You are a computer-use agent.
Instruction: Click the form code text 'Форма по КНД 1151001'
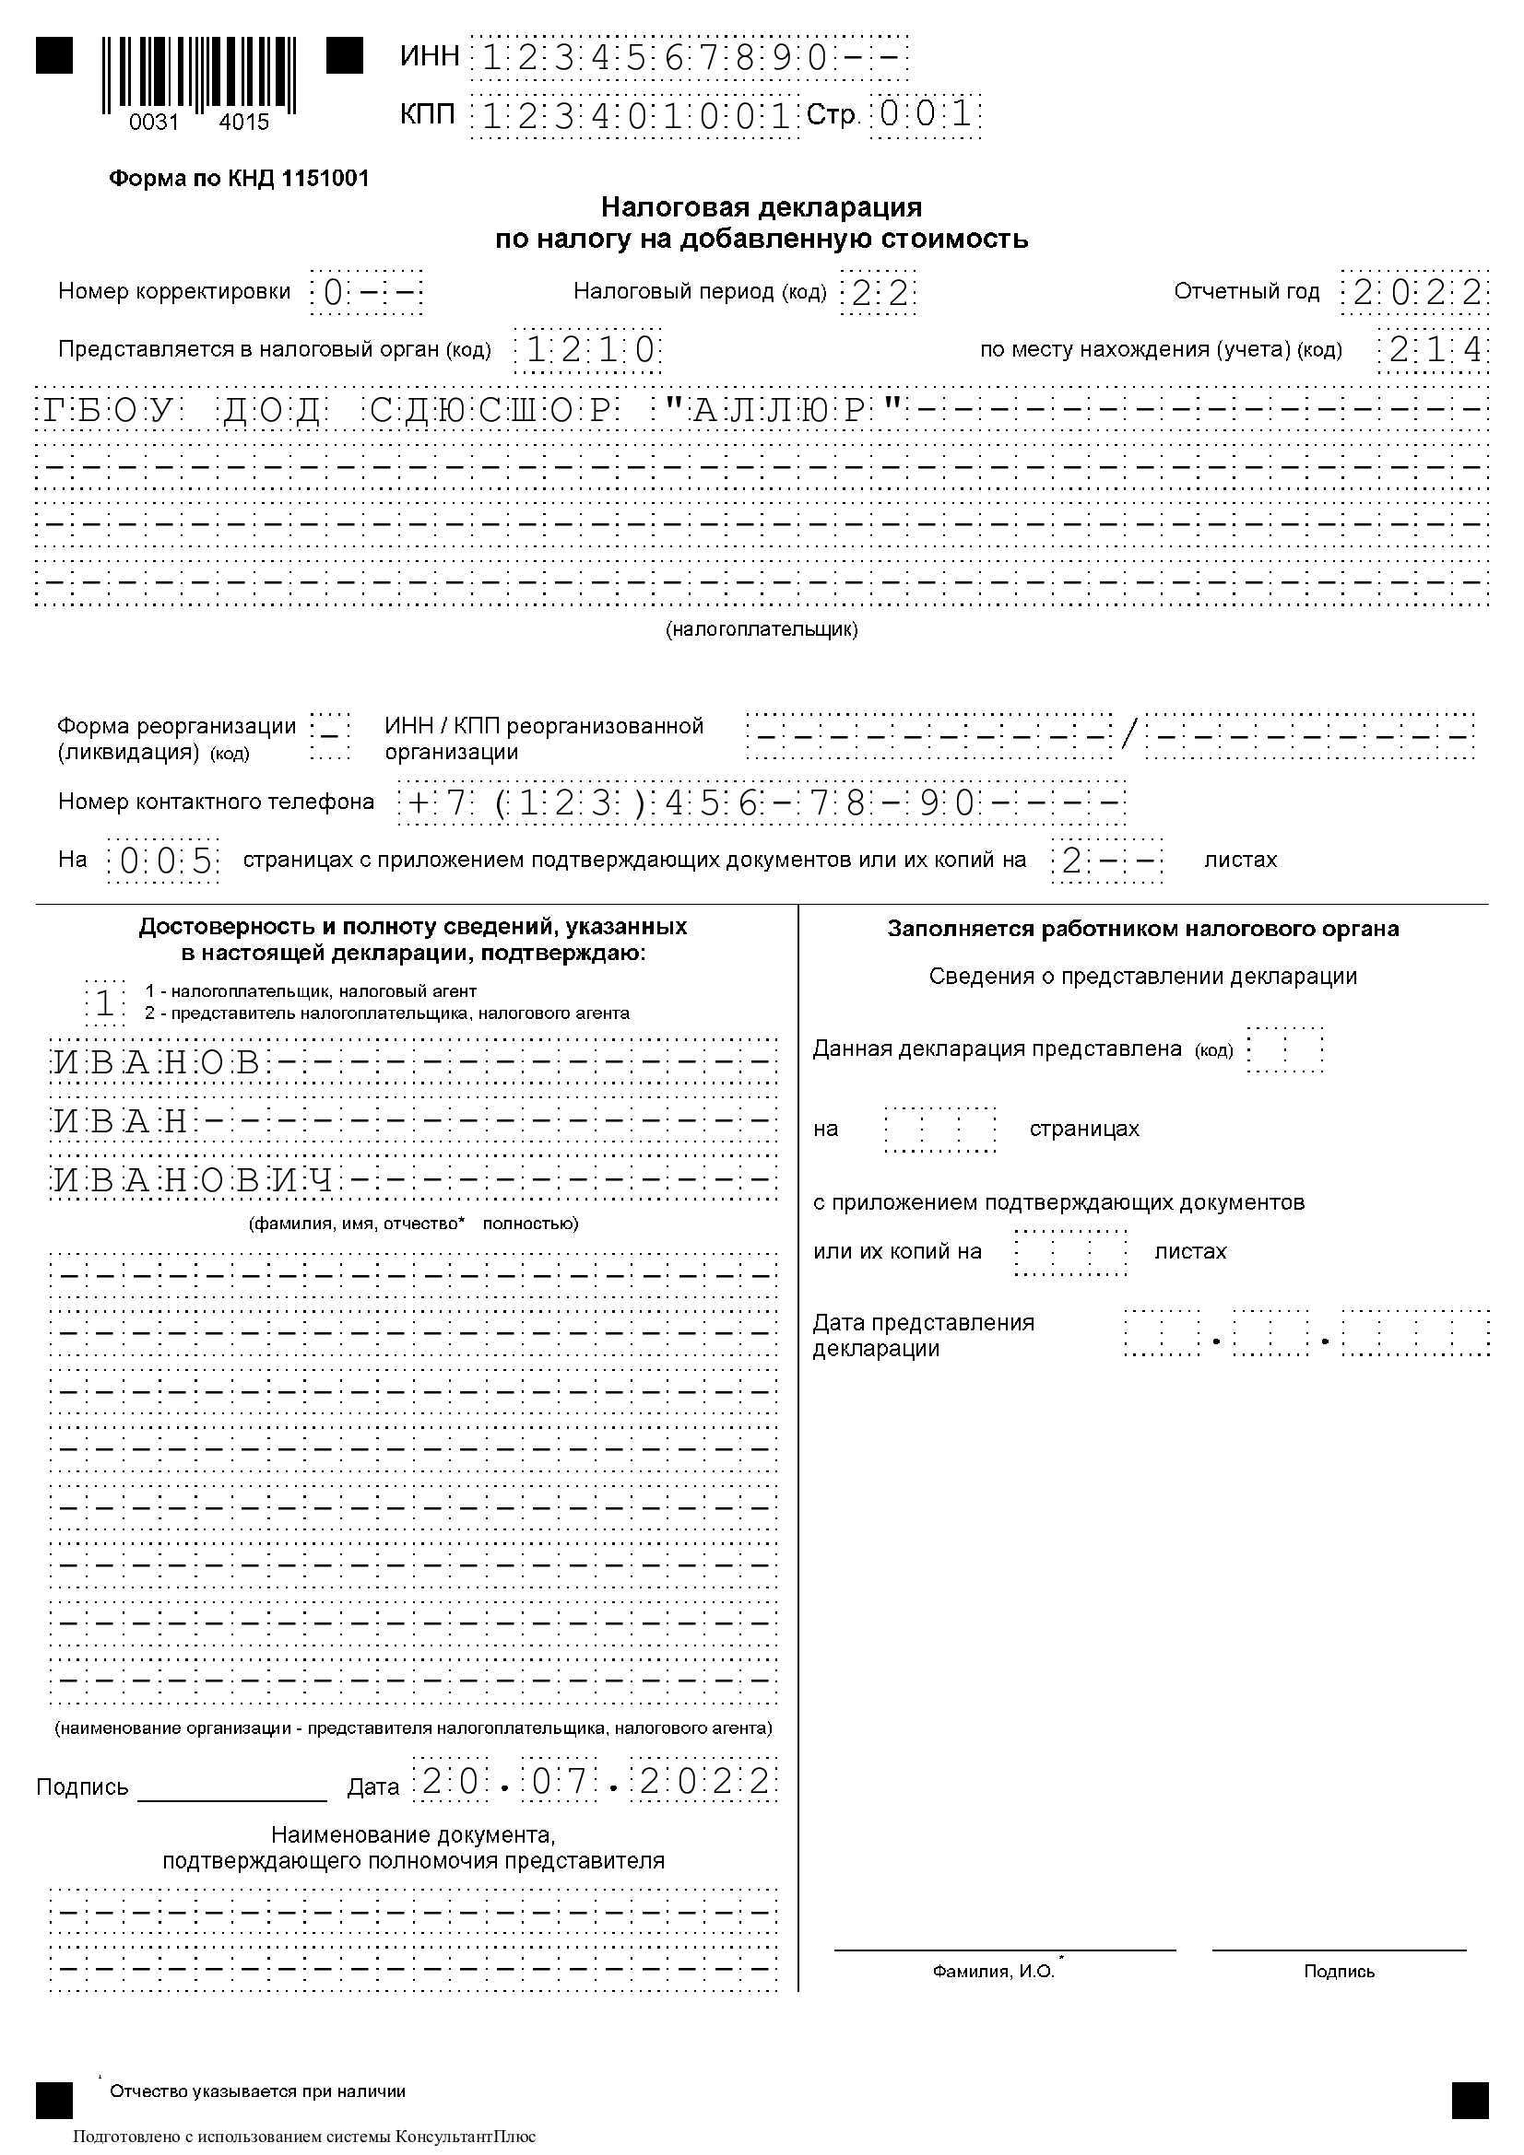(x=240, y=179)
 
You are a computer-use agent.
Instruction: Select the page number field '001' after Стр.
(x=925, y=115)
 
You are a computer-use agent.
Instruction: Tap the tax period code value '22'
(x=879, y=293)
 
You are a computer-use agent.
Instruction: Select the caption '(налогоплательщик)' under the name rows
(x=762, y=630)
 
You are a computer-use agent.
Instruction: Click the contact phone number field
(x=761, y=802)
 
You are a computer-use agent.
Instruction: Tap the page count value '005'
(x=164, y=861)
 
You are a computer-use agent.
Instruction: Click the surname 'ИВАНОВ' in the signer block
(x=157, y=1061)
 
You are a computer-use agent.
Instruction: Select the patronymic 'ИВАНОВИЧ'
(x=193, y=1181)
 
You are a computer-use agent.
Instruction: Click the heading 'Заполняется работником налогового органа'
(x=1142, y=930)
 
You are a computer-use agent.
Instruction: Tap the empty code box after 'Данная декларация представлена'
(x=1284, y=1049)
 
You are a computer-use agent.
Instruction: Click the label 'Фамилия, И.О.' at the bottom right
(x=994, y=1972)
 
